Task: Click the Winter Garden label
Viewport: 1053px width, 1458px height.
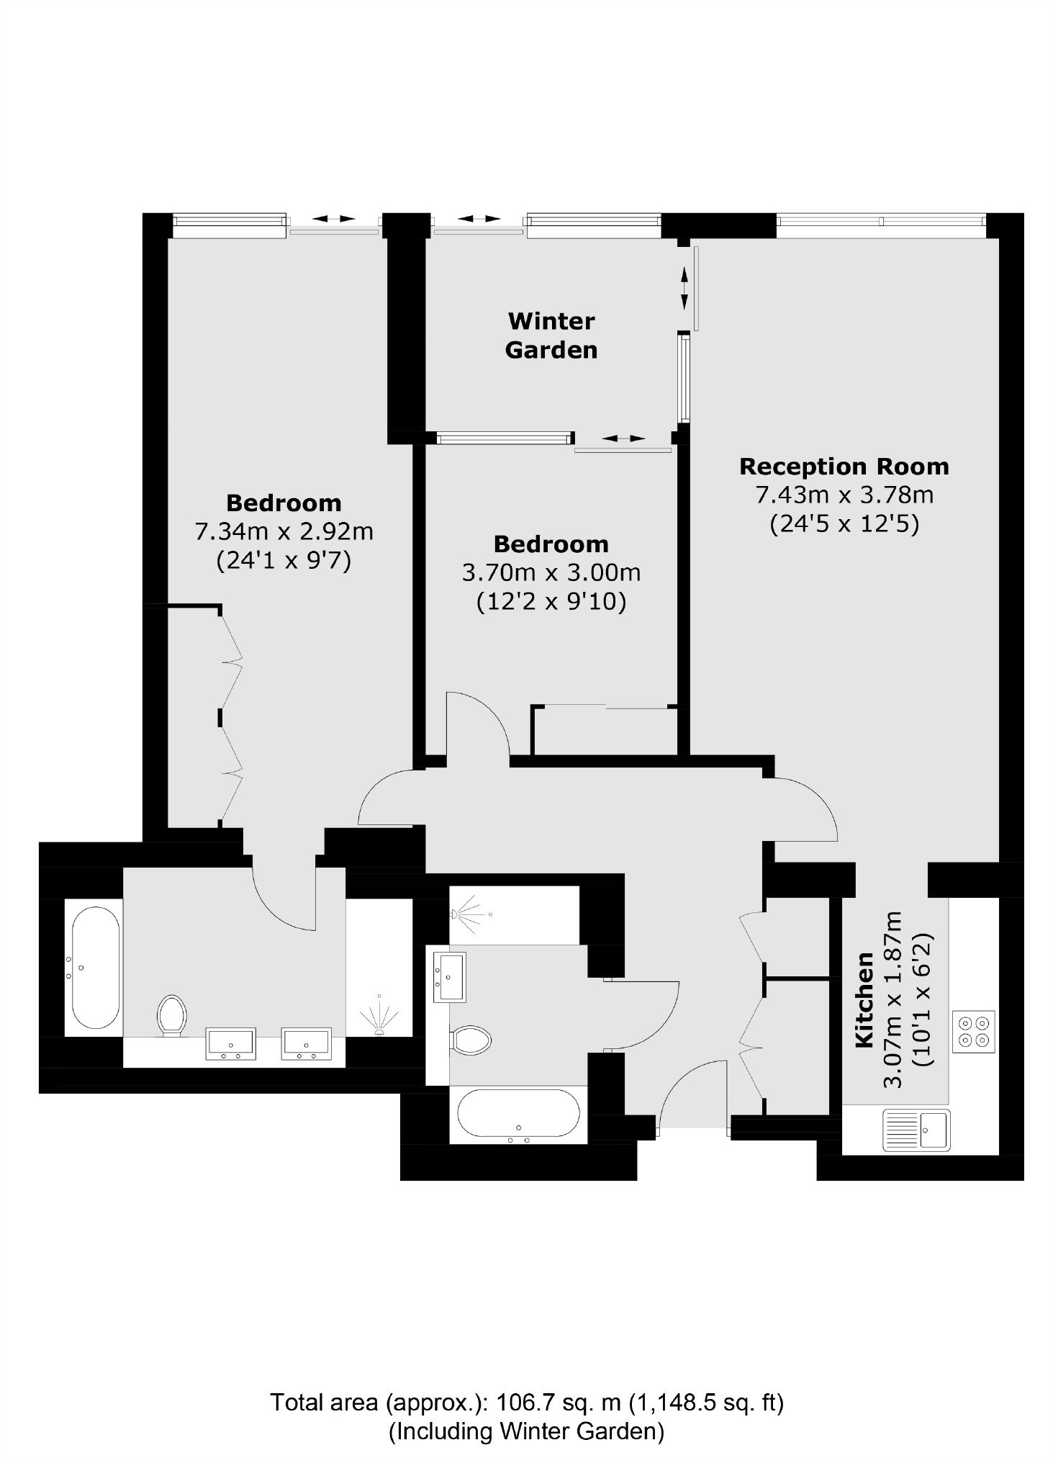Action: click(x=551, y=335)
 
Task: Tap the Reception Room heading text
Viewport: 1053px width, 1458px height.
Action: click(x=844, y=467)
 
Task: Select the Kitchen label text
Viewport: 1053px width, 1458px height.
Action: click(x=864, y=1000)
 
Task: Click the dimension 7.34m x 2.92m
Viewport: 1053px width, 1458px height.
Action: click(x=284, y=532)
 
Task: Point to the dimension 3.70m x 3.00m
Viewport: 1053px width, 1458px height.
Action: click(x=551, y=573)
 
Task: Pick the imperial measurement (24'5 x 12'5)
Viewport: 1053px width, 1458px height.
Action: click(x=844, y=524)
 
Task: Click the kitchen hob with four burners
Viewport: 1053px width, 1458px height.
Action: click(x=974, y=1032)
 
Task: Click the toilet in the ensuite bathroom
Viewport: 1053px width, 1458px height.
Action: click(x=171, y=1014)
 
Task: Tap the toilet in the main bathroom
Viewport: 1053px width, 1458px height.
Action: click(x=470, y=1039)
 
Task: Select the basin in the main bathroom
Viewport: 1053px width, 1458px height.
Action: click(x=450, y=976)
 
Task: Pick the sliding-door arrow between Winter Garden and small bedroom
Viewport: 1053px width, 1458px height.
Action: click(x=624, y=438)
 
